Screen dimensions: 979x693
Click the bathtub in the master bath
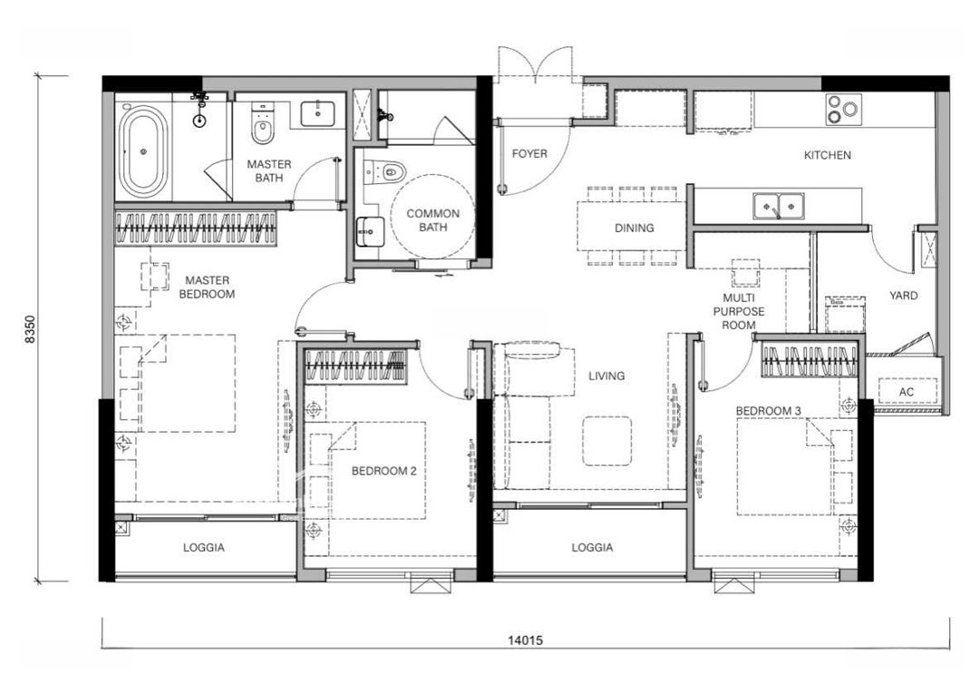[x=144, y=151]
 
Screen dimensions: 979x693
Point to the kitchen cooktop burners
[x=844, y=110]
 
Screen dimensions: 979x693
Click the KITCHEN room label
[x=828, y=155]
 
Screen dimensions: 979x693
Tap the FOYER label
[x=529, y=153]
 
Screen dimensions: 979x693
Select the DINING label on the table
[x=635, y=228]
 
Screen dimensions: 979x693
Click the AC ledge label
[x=906, y=392]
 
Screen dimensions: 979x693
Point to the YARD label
[x=904, y=295]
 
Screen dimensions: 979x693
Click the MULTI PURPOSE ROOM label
[x=739, y=311]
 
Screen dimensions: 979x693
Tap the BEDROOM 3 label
[x=769, y=411]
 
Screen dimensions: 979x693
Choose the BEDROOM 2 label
[x=384, y=471]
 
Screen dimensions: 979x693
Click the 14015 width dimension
[x=525, y=639]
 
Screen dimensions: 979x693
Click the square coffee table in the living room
[x=607, y=442]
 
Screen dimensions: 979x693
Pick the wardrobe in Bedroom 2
[x=355, y=365]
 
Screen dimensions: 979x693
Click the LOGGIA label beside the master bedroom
[x=204, y=547]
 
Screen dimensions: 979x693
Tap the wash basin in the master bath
[x=318, y=113]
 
